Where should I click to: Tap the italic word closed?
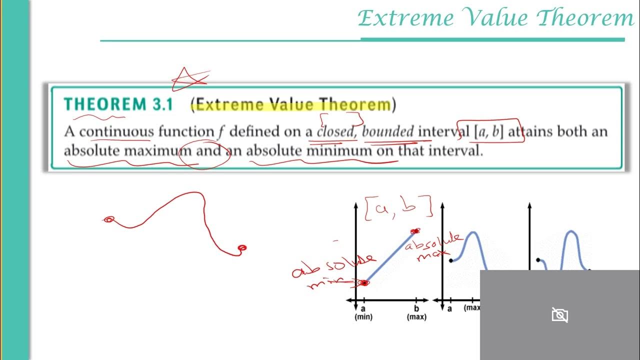pyautogui.click(x=335, y=131)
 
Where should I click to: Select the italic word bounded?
pyautogui.click(x=388, y=131)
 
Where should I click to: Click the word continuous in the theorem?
pyautogui.click(x=116, y=131)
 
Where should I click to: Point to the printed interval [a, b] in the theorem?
pyautogui.click(x=487, y=131)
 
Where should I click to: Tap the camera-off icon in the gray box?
pyautogui.click(x=559, y=315)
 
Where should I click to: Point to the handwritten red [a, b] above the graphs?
pyautogui.click(x=398, y=209)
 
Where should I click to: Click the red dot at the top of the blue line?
pyautogui.click(x=414, y=231)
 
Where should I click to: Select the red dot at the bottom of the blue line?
pyautogui.click(x=364, y=283)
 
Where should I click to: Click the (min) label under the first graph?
pyautogui.click(x=363, y=317)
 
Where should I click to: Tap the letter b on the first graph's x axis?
pyautogui.click(x=416, y=308)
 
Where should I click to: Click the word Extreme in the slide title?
pyautogui.click(x=406, y=19)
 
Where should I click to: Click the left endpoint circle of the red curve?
pyautogui.click(x=109, y=219)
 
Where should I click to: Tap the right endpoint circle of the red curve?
pyautogui.click(x=242, y=247)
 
